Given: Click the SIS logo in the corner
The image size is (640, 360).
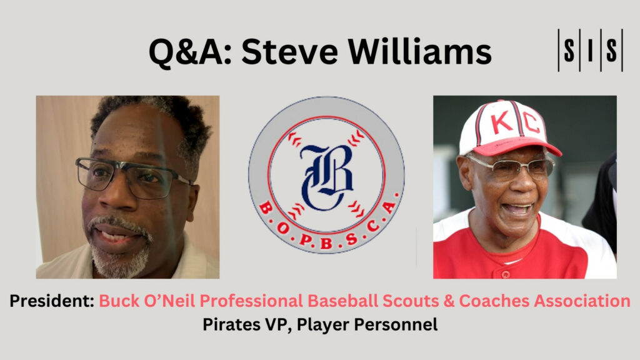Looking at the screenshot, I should (590, 51).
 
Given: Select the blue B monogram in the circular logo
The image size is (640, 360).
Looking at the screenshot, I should (326, 177).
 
